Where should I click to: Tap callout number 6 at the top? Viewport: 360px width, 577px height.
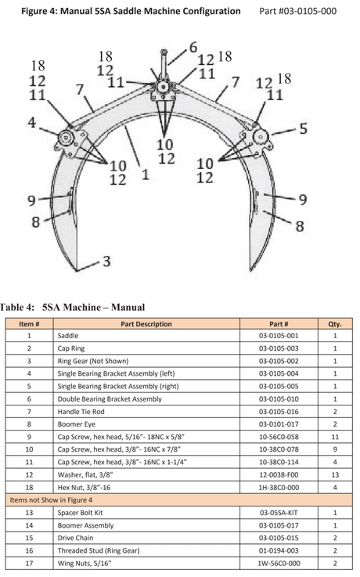(x=193, y=47)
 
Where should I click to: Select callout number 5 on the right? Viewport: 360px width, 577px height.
(x=303, y=127)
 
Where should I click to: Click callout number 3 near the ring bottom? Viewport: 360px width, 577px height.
(x=105, y=261)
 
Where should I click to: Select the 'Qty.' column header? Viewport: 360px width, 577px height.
(x=334, y=324)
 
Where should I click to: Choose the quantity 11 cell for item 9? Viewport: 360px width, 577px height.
(x=334, y=437)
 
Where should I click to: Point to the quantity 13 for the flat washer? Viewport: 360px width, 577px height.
(x=334, y=474)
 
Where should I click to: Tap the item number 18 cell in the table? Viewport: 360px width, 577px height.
(x=29, y=487)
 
